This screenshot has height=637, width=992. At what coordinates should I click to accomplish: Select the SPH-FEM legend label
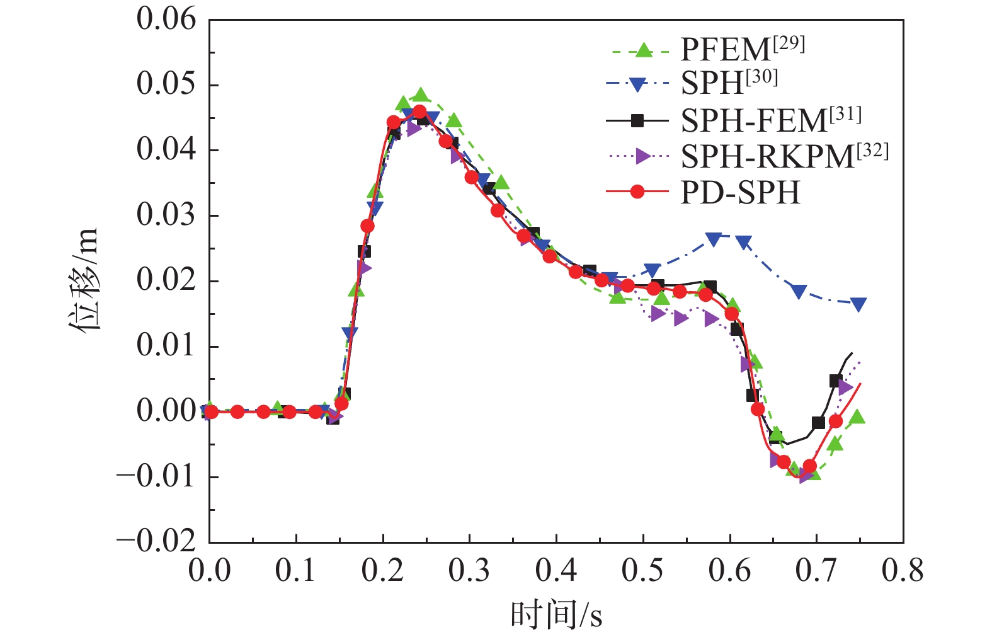point(753,120)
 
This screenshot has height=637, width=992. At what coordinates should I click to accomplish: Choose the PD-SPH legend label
point(740,192)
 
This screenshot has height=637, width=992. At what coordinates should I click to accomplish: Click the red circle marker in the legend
point(637,192)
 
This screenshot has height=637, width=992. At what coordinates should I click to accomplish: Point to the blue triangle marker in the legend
point(637,84)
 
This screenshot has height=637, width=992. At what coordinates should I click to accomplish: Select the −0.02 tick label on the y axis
point(156,541)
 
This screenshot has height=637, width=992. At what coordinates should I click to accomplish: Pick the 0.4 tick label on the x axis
point(556,571)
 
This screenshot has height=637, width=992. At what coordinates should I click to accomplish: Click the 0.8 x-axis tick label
point(903,571)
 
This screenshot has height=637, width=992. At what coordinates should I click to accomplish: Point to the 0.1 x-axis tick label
point(295,571)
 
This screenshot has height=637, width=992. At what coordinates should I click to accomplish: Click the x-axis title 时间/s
point(556,615)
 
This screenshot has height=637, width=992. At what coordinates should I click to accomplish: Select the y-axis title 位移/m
point(84,280)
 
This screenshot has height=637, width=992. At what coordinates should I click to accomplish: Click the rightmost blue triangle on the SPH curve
point(858,304)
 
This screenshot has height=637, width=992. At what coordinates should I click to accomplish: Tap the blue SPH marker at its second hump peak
point(714,239)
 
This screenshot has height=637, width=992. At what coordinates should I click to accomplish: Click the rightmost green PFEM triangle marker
point(857,416)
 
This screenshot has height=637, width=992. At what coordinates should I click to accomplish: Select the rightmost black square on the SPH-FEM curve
point(836,381)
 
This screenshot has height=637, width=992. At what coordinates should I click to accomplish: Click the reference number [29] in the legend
point(789,43)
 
